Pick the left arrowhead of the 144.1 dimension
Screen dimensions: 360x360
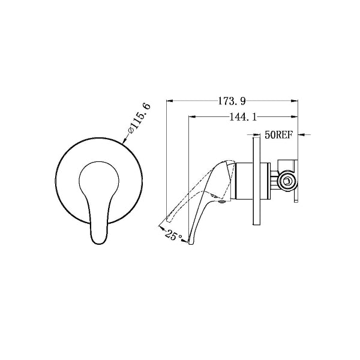tap(191, 117)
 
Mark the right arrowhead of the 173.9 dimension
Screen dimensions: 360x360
tap(296, 100)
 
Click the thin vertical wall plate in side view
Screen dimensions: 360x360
tap(254, 180)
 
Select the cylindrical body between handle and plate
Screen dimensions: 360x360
tap(241, 181)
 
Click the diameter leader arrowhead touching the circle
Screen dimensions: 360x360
tap(125, 143)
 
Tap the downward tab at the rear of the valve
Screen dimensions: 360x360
tap(296, 198)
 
